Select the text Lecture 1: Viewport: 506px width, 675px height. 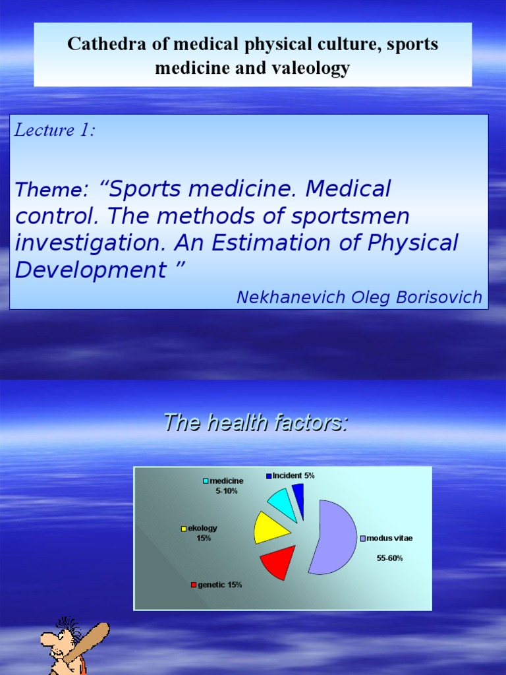coord(55,131)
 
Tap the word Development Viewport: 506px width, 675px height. coord(90,270)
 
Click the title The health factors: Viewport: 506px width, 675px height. coord(255,423)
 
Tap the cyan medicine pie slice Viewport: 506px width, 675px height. coord(281,504)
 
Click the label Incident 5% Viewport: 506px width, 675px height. coord(293,475)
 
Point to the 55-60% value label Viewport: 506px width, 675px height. coord(389,558)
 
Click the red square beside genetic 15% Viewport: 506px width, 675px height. coord(194,585)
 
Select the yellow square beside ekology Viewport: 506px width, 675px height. coord(184,529)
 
